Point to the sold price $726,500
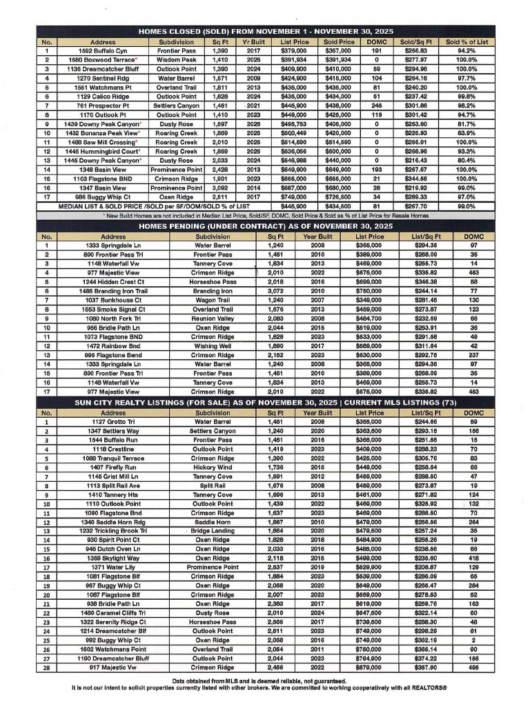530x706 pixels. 338,196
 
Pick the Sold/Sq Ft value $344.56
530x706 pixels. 415,178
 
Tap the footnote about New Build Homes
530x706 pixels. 265,214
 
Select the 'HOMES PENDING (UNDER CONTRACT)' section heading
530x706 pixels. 265,225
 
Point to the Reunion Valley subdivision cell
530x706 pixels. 213,319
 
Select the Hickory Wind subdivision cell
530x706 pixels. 213,467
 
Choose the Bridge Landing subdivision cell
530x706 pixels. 213,530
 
